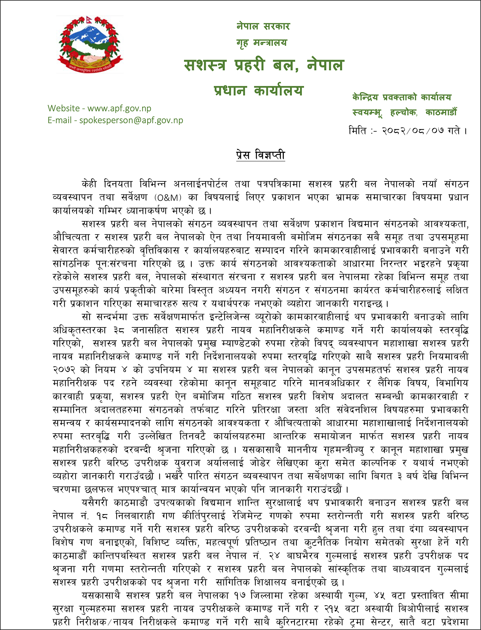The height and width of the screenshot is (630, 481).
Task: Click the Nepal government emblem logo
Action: tap(90, 44)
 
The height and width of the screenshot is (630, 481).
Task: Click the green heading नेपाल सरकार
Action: tap(263, 26)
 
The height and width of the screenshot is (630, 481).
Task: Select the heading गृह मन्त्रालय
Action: tap(262, 43)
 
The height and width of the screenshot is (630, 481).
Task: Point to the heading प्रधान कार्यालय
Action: tap(259, 90)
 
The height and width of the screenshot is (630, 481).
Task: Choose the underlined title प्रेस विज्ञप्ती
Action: tap(260, 155)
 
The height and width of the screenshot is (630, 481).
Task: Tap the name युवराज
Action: tap(189, 463)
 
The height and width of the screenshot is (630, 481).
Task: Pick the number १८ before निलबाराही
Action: tap(101, 516)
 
